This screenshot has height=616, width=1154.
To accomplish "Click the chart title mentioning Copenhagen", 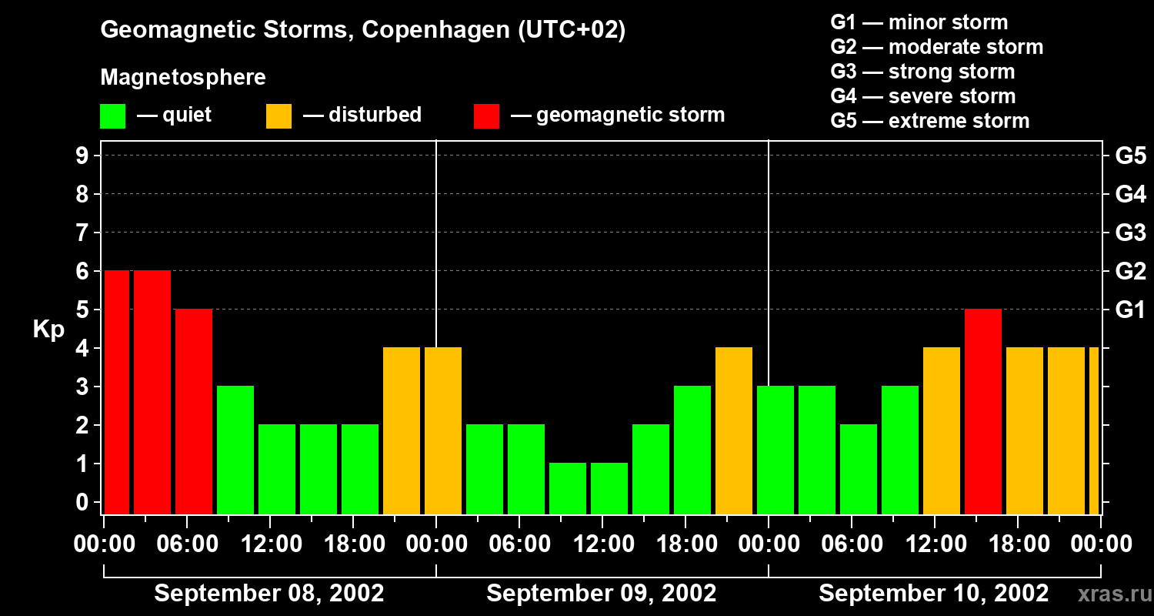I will click(362, 30).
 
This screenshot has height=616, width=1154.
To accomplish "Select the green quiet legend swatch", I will click(112, 115).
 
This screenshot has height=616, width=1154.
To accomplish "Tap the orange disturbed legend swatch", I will click(278, 115).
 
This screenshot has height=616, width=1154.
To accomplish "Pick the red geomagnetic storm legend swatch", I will click(486, 115).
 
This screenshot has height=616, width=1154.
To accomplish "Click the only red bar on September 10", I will click(983, 411).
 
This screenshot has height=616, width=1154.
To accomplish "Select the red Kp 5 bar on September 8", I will click(194, 411).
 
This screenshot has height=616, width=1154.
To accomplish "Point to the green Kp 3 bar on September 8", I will click(235, 450).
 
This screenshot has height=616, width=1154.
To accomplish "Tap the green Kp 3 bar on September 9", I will click(692, 450).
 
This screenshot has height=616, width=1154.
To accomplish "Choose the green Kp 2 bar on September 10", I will click(859, 469).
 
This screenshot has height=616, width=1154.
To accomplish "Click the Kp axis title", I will click(48, 330).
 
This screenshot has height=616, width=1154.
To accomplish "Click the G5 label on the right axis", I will click(1130, 156).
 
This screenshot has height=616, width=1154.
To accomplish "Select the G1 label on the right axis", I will click(1130, 310).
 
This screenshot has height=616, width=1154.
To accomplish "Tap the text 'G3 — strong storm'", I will click(922, 72).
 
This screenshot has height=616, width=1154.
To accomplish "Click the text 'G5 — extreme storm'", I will click(929, 121).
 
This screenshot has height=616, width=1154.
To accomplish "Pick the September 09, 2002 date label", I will click(602, 594).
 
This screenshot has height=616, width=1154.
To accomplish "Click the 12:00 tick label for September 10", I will click(934, 544).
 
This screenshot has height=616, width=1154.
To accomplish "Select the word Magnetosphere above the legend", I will click(183, 78).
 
